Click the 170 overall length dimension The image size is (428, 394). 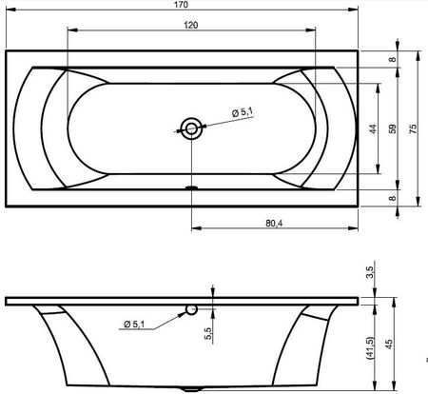point(181,5)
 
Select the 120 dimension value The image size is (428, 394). point(191,25)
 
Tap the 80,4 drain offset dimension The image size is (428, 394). point(274,224)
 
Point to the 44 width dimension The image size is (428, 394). point(373,128)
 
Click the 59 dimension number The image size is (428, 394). point(393,128)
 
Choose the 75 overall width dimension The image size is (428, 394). point(413,128)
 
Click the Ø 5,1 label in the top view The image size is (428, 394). point(243,112)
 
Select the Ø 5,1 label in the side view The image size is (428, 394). point(134,324)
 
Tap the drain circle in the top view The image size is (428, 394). point(191,128)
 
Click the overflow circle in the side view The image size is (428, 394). point(191,309)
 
